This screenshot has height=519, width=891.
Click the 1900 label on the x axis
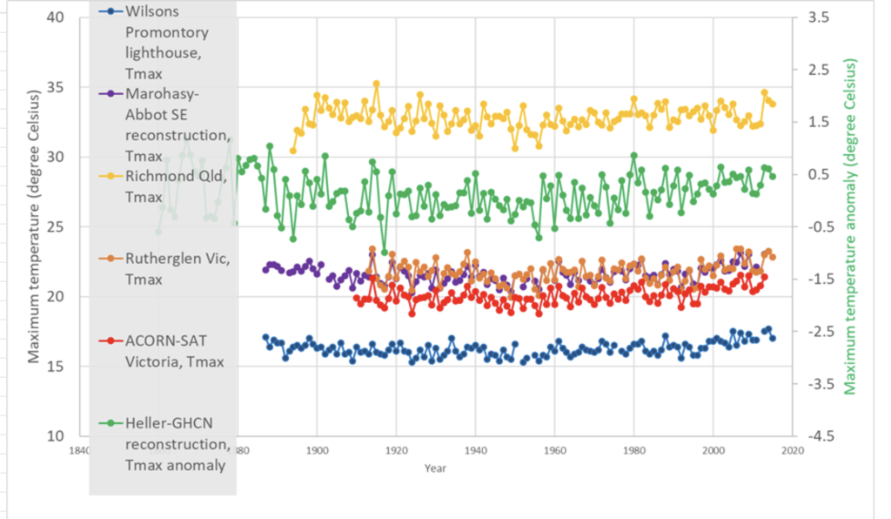317,451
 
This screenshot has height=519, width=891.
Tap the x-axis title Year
436,468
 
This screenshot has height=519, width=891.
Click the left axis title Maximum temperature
34,226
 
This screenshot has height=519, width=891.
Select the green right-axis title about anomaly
851,226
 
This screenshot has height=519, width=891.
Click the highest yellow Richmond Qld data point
377,84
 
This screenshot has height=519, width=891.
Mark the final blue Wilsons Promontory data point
773,338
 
